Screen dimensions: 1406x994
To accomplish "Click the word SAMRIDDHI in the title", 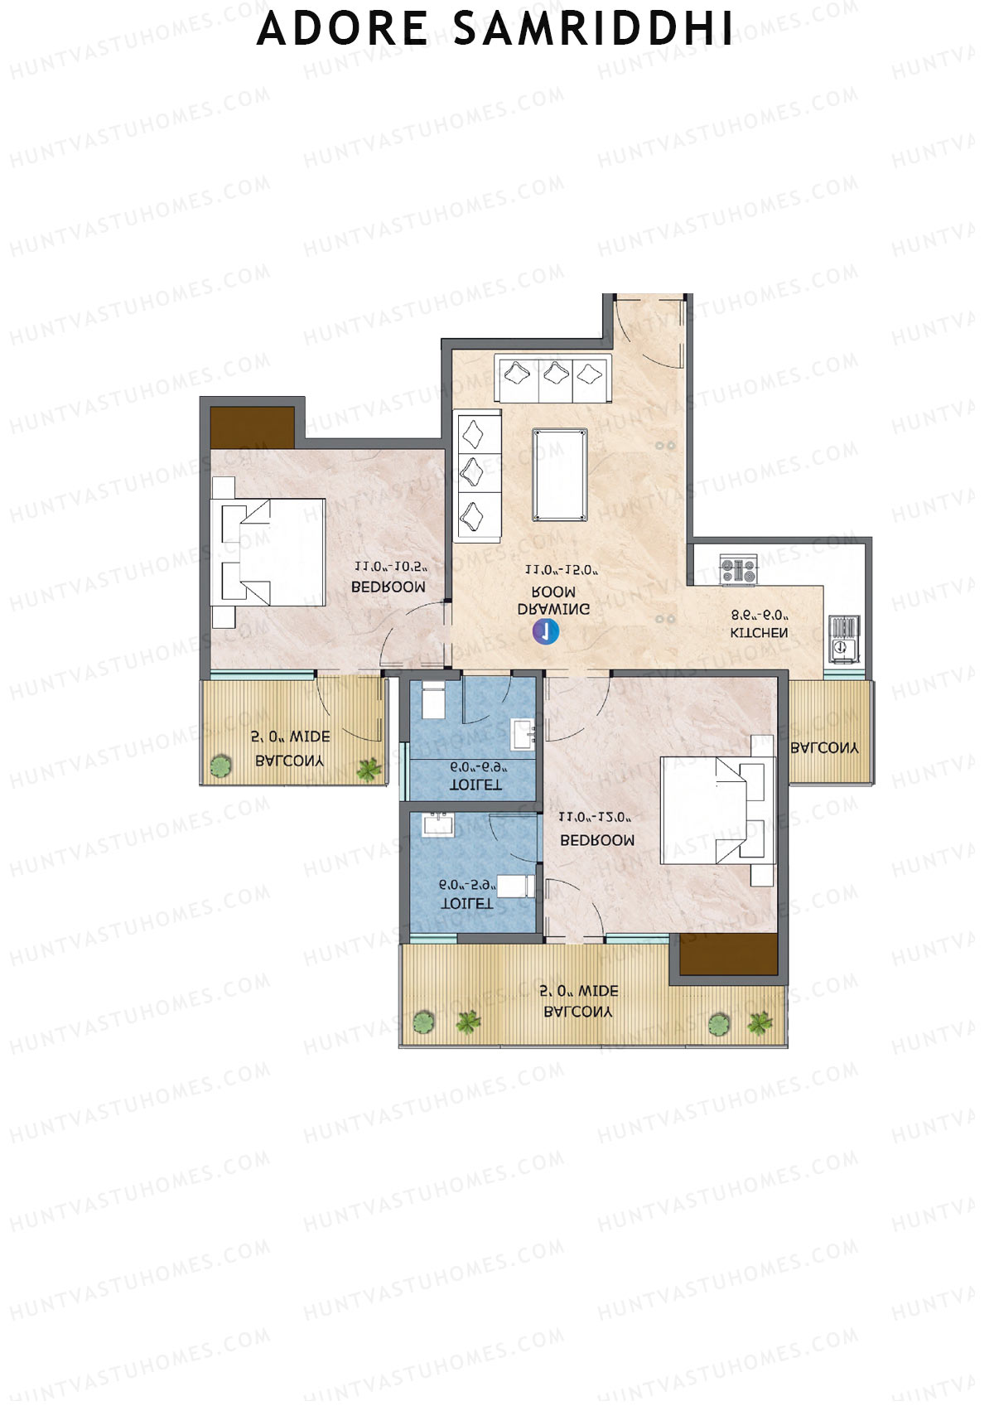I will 593,29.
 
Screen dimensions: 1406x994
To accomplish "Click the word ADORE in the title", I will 342,29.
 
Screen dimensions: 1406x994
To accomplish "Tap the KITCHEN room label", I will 759,633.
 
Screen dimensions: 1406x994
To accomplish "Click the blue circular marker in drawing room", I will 546,632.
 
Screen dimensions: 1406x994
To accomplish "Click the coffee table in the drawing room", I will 561,475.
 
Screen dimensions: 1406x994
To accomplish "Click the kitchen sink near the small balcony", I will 844,639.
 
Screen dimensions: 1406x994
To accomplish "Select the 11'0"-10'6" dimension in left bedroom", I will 389,568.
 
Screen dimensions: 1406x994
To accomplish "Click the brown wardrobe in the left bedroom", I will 252,427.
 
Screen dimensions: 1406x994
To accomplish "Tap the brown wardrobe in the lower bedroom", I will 728,954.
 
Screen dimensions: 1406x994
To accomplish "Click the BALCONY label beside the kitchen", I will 824,747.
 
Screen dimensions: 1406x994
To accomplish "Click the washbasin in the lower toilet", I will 437,825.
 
